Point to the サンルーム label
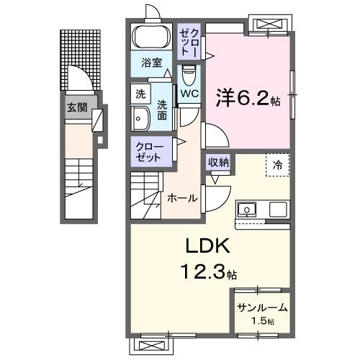(262, 307)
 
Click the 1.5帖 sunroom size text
(263, 320)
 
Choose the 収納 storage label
(219, 162)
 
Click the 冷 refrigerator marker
(278, 164)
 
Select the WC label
(189, 94)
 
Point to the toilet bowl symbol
(189, 74)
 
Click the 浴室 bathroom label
(150, 63)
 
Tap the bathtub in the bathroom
(149, 37)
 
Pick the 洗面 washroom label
(163, 108)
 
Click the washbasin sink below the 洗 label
(140, 120)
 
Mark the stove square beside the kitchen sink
(278, 210)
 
